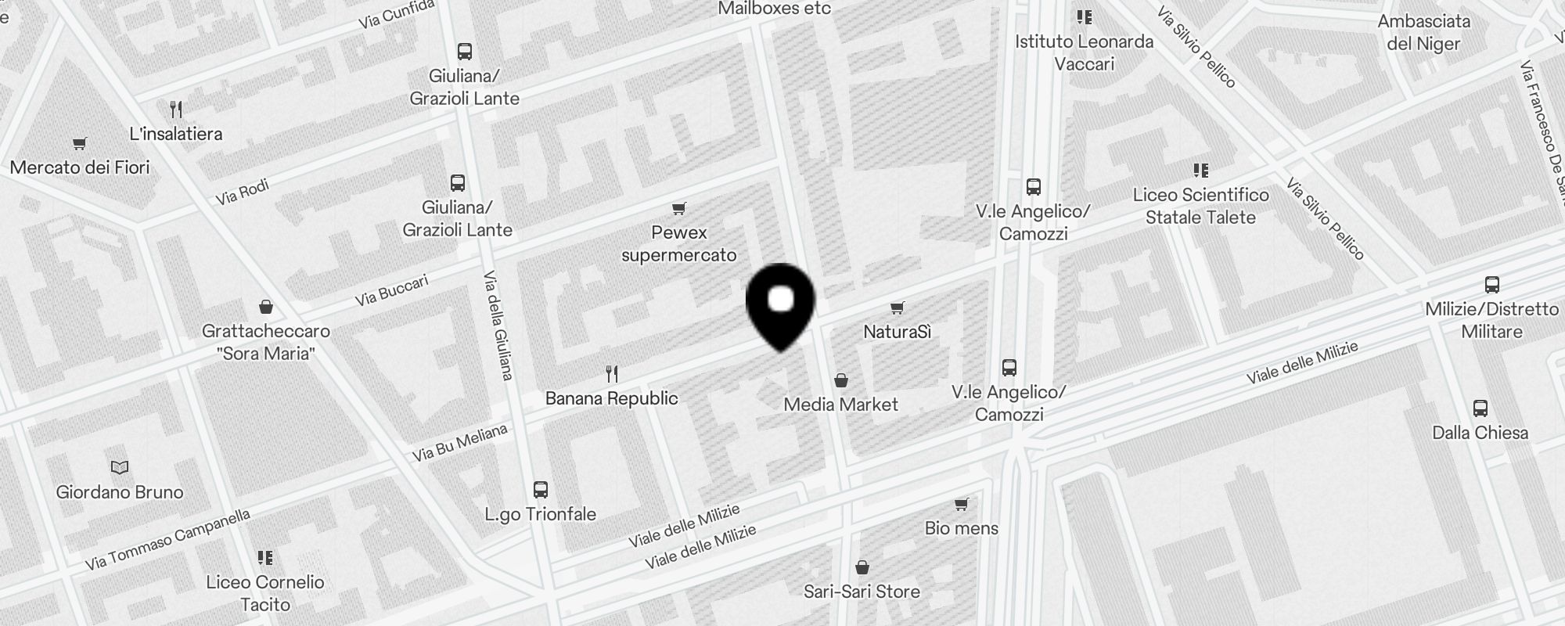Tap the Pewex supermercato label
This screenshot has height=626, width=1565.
(x=678, y=243)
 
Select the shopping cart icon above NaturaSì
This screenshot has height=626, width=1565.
(x=898, y=308)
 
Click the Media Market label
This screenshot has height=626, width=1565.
(x=840, y=405)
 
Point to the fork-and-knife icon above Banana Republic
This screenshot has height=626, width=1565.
(x=612, y=374)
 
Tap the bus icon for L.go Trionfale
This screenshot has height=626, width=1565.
(x=540, y=490)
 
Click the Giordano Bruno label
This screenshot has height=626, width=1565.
(x=120, y=492)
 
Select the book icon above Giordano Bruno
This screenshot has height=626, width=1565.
(x=120, y=467)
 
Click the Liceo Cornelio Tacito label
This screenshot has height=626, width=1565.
(x=265, y=593)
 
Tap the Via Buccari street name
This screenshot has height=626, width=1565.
(x=391, y=290)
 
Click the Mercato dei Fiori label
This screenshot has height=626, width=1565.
(x=80, y=167)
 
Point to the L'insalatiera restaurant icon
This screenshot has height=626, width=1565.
(x=176, y=110)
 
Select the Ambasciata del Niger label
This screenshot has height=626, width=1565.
(x=1423, y=33)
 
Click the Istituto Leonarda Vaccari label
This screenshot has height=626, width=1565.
(x=1084, y=52)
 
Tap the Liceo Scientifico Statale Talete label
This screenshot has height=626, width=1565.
(x=1200, y=206)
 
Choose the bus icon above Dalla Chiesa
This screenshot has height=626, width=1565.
(x=1480, y=408)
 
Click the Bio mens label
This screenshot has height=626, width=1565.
(x=961, y=528)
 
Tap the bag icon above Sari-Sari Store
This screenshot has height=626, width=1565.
(x=862, y=567)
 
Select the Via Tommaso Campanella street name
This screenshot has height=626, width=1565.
(x=167, y=539)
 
